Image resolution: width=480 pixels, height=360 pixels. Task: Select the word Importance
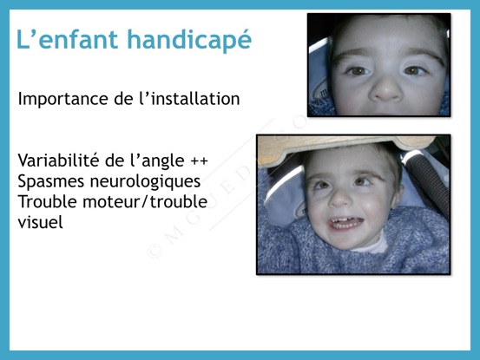click(x=63, y=100)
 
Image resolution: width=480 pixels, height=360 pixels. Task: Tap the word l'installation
click(x=189, y=99)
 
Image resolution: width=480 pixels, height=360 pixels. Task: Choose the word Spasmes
click(x=51, y=181)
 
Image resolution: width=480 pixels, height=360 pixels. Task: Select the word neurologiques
click(x=146, y=181)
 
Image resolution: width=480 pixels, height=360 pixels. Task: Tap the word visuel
click(x=41, y=222)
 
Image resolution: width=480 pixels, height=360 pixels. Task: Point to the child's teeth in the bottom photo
click(x=345, y=223)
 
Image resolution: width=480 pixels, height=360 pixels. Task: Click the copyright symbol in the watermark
click(x=155, y=251)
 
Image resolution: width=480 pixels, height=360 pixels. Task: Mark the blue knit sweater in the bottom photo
click(x=352, y=254)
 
